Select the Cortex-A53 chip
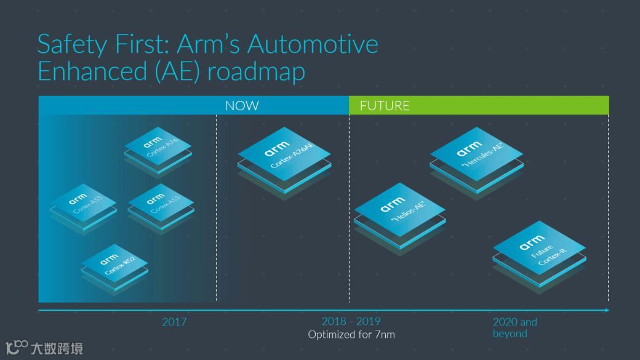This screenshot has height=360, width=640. tap(83, 204)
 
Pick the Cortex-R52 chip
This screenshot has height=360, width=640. tap(115, 263)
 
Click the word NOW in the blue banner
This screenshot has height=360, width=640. tap(241, 106)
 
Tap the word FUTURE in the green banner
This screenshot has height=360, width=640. tap(385, 106)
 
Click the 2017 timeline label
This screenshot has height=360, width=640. tap(174, 322)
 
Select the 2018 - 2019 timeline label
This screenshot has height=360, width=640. tap(351, 321)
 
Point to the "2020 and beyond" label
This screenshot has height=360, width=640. tap(514, 327)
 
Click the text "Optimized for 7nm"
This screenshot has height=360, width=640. tap(351, 335)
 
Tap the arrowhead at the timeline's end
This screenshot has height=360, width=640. tap(607, 310)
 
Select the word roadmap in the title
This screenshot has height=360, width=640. tap(256, 71)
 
